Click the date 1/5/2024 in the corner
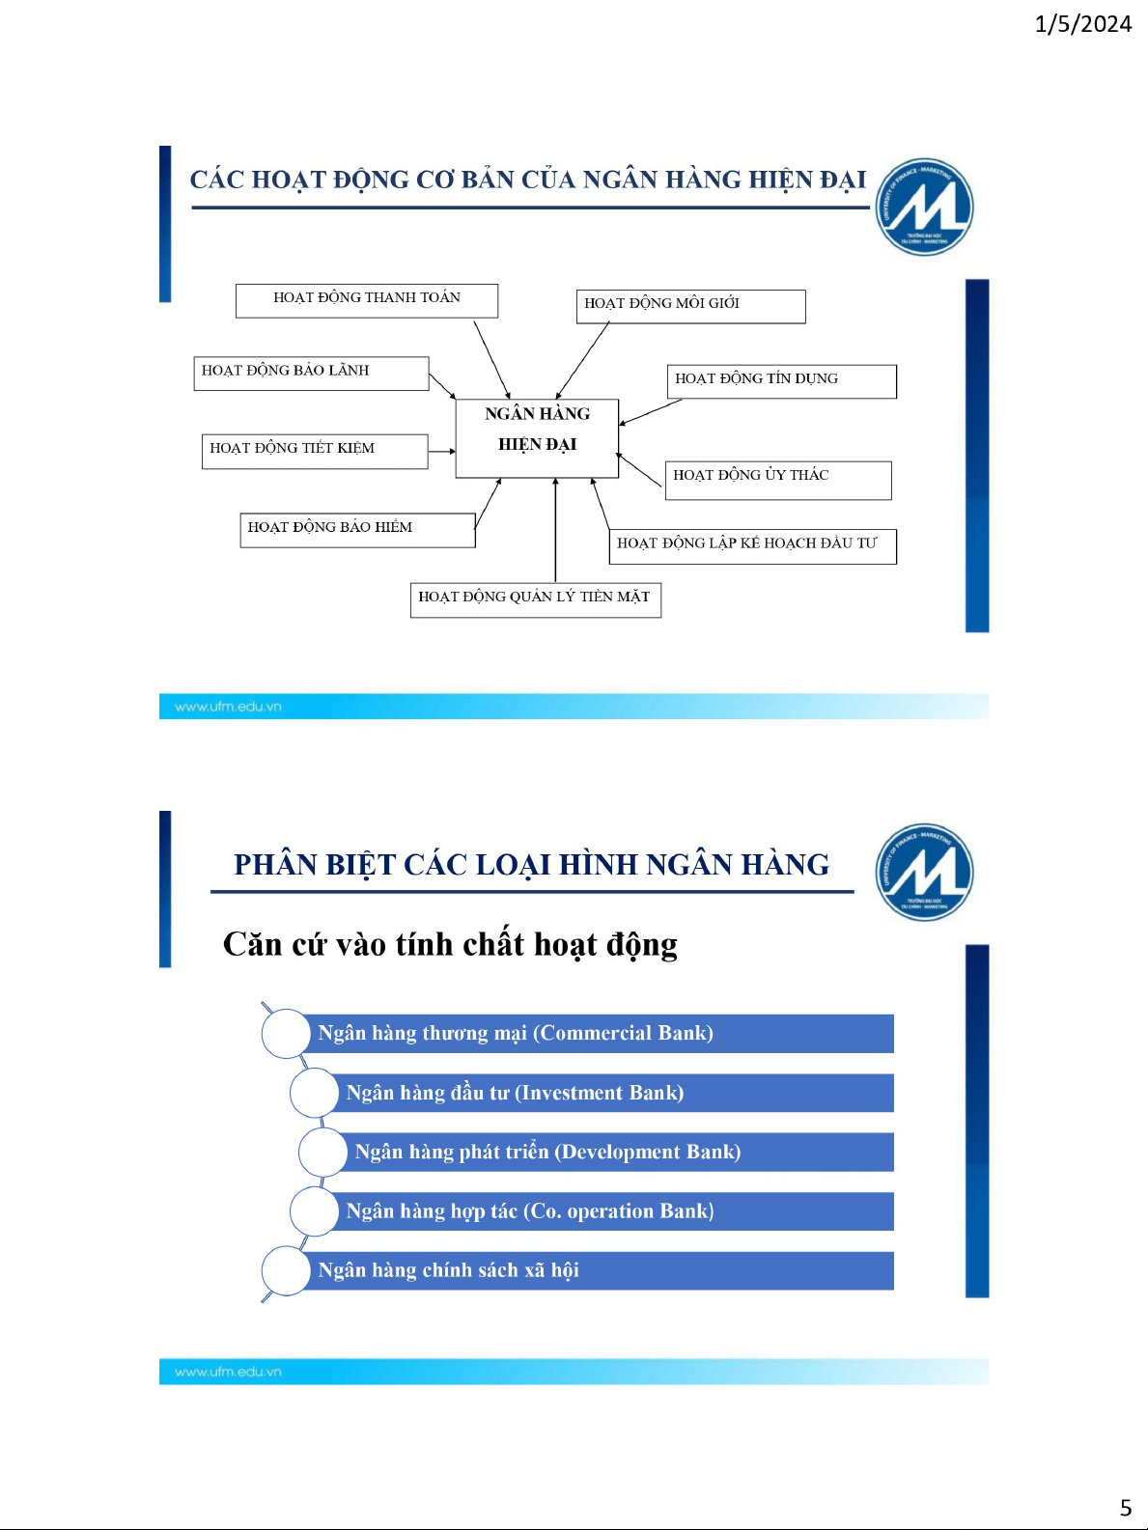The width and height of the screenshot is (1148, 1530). [1082, 24]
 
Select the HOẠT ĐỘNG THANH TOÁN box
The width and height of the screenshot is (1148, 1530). [367, 300]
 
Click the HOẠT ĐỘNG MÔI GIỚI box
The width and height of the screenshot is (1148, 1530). [690, 307]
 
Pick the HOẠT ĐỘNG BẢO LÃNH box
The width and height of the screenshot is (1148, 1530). [311, 374]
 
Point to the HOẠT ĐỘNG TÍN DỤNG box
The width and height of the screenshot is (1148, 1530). [781, 381]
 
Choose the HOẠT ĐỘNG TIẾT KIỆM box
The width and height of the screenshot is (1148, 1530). [315, 452]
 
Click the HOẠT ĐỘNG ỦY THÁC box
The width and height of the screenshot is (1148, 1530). [778, 481]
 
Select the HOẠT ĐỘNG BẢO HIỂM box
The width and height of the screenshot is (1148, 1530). [357, 531]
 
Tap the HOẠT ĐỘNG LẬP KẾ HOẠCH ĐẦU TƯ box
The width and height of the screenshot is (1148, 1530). [753, 546]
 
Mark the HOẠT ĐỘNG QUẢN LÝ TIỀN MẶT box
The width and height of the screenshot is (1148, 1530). [535, 600]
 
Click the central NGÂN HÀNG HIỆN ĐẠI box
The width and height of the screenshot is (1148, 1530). [537, 438]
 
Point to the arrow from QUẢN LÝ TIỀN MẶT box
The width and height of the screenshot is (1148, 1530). [555, 530]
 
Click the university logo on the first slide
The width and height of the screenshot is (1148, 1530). [924, 207]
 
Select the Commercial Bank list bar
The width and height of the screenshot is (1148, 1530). [589, 1033]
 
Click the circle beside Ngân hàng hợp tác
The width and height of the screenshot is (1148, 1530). [315, 1211]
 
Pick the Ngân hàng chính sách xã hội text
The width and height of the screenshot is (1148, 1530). [448, 1270]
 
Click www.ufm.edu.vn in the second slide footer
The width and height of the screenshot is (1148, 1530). [228, 1372]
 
